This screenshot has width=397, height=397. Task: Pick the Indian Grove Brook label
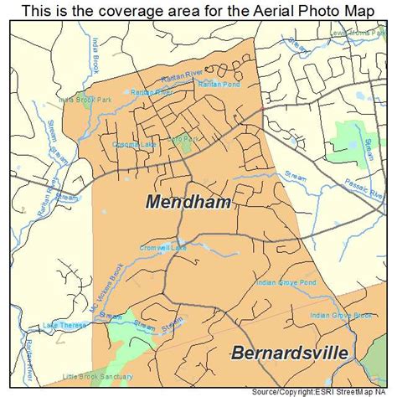pyautogui.click(x=339, y=315)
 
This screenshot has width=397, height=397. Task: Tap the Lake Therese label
pyautogui.click(x=63, y=324)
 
